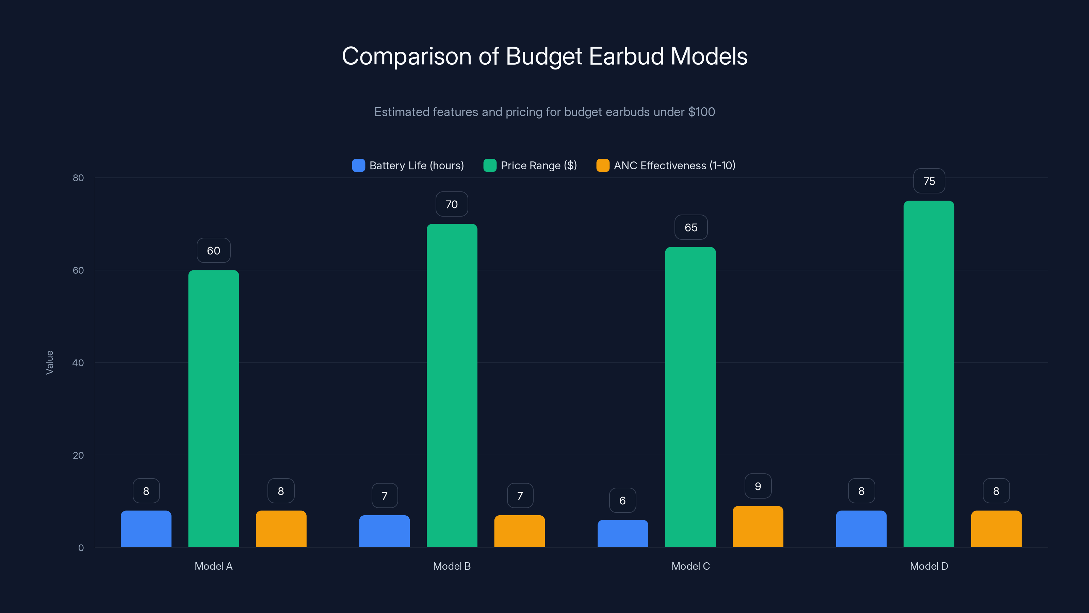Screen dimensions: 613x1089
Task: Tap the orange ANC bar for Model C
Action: click(x=758, y=527)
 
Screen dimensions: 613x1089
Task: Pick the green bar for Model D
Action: click(x=929, y=374)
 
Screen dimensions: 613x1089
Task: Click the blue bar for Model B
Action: click(x=384, y=531)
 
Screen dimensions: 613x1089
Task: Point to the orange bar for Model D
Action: click(x=996, y=529)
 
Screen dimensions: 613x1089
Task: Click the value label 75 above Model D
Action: click(x=929, y=181)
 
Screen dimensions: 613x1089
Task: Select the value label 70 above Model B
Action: click(x=452, y=204)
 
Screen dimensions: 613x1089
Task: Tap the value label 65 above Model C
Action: click(x=691, y=227)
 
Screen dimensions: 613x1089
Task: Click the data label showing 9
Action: click(x=758, y=486)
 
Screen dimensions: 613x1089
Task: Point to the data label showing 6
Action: click(x=622, y=501)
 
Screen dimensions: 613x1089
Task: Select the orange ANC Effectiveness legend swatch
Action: click(x=602, y=166)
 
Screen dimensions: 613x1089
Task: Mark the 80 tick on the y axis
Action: click(x=78, y=178)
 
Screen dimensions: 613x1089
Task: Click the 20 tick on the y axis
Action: click(x=78, y=455)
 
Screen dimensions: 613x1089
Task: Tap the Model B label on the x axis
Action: click(x=452, y=566)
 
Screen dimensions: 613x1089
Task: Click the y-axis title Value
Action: click(x=49, y=363)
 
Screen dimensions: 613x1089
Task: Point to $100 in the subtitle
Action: click(x=701, y=112)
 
